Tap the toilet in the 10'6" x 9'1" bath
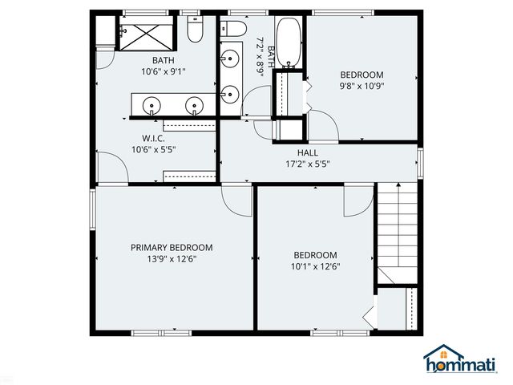tap(194, 32)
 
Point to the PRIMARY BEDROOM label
tap(172, 248)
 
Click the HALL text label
tap(308, 152)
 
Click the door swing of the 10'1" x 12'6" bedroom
tap(357, 201)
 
